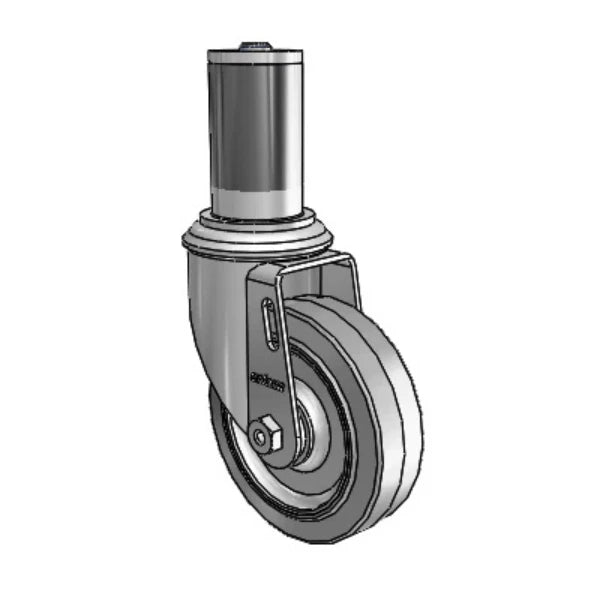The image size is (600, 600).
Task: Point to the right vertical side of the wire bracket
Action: point(356,285)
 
